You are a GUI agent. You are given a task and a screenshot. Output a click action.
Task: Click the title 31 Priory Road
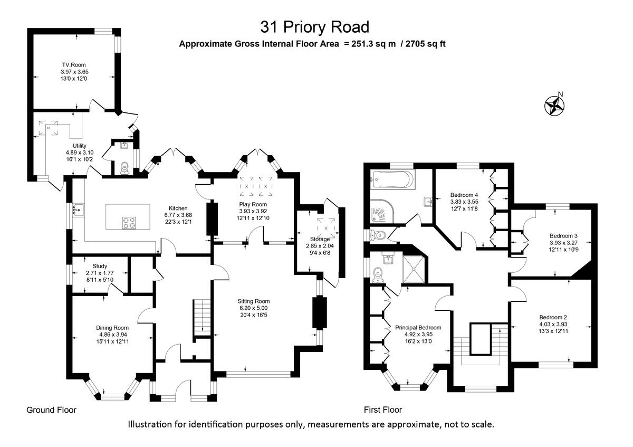coord(315,26)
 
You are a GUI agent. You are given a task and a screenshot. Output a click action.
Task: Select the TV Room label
coord(73,65)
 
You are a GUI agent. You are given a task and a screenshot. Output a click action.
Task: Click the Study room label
coord(100,266)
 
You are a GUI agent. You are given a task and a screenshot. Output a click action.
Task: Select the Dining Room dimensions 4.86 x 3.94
coord(113,334)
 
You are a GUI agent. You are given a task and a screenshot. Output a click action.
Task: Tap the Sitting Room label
coord(253,301)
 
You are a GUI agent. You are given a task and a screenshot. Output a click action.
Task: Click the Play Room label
coord(253,204)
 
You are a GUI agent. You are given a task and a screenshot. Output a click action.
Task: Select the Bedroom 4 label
coord(464,194)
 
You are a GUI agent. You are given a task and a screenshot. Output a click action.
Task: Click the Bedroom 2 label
coord(552,317)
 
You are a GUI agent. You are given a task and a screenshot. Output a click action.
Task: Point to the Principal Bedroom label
coord(418,327)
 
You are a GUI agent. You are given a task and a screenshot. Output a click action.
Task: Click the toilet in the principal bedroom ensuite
coord(377,273)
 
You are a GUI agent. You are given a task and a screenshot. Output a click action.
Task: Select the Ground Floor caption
coord(52,410)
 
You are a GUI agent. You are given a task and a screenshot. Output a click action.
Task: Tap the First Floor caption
coord(383,410)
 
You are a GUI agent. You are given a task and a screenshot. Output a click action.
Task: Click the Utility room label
coord(79,146)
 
